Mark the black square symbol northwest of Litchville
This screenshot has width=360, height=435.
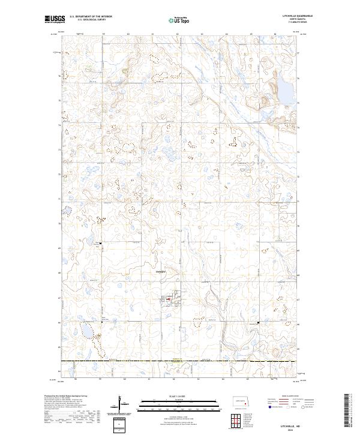pos(101,243)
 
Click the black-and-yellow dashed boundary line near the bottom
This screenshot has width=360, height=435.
pos(180,361)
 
